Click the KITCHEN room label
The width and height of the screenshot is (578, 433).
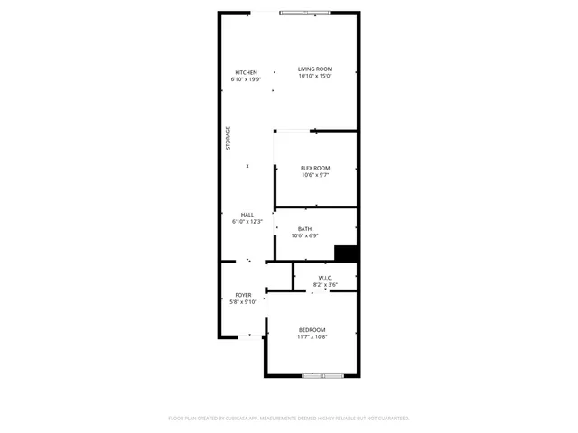(246, 72)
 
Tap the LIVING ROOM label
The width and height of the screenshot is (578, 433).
(315, 69)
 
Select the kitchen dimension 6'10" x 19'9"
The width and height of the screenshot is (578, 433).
(246, 79)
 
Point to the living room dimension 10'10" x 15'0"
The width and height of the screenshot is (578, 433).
(315, 76)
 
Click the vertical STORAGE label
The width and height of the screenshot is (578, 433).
(228, 138)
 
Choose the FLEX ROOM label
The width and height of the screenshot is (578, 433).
(315, 168)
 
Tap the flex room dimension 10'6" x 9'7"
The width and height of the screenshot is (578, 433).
(315, 175)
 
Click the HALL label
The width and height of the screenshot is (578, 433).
(247, 215)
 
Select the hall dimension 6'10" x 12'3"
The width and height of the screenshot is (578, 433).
(247, 221)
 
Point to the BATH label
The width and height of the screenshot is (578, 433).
(304, 229)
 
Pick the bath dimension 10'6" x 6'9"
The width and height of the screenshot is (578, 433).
(304, 236)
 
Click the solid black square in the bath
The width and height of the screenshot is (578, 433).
(346, 253)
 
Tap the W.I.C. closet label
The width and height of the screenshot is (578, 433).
(325, 278)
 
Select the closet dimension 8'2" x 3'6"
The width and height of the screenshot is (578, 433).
(325, 285)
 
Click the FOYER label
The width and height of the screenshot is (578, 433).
(244, 295)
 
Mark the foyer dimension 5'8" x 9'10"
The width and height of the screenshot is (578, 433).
(244, 302)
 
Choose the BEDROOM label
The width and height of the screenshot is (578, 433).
(312, 330)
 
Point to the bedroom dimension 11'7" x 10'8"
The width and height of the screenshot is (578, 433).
(312, 337)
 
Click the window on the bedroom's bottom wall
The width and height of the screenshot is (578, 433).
(322, 375)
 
